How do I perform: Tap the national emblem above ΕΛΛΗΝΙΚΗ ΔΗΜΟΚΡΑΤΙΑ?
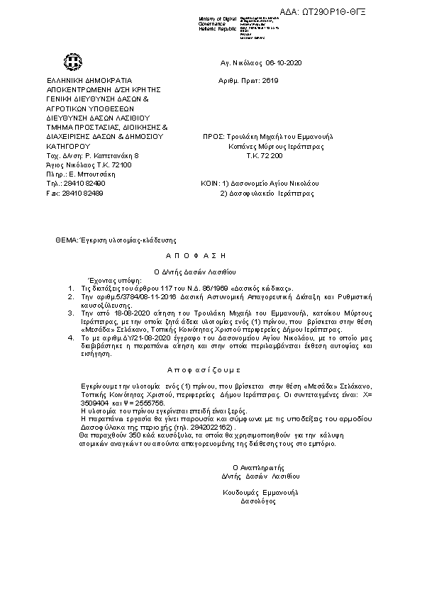[x=72, y=62]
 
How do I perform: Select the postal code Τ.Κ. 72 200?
[x=264, y=155]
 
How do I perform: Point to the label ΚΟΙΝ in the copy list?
[x=209, y=183]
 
